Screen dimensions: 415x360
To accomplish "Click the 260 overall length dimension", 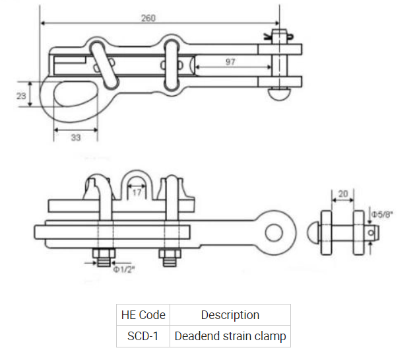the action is [148, 18].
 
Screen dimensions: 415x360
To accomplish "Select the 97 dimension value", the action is [230, 61].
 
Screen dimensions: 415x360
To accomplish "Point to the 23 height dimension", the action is [21, 96].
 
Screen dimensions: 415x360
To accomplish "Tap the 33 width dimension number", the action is [76, 137].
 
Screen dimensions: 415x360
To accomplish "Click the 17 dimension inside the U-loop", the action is [137, 192].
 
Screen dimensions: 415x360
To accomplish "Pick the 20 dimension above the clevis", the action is [343, 194].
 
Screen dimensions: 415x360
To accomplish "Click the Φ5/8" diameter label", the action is [382, 214].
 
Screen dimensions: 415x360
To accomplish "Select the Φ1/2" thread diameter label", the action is [124, 270].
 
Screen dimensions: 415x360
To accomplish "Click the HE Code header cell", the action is [143, 315].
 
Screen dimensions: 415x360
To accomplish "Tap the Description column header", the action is [230, 315].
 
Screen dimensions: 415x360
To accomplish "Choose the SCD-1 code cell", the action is [143, 336].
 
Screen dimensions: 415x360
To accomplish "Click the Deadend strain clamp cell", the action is [230, 336].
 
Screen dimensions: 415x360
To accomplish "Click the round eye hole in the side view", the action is [274, 233].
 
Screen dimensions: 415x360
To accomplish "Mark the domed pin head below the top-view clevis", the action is [279, 94].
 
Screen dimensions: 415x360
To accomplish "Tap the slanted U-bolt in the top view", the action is [103, 65].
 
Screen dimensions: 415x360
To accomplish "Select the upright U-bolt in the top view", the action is [172, 65].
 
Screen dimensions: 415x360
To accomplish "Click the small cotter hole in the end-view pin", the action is [371, 233].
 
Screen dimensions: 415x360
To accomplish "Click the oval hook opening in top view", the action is [75, 94].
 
